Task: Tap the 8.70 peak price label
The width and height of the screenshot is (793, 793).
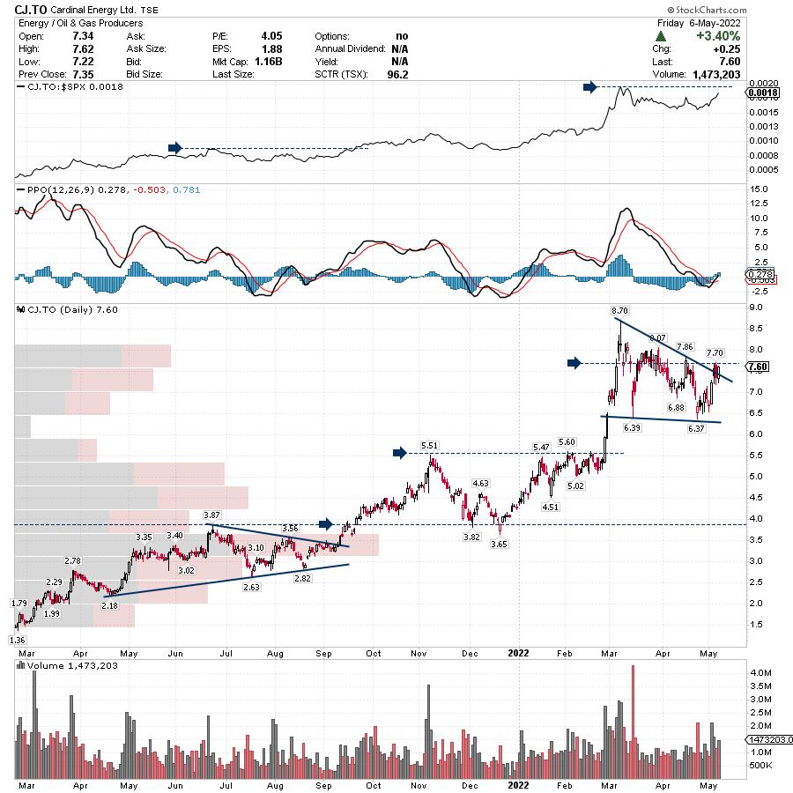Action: [619, 311]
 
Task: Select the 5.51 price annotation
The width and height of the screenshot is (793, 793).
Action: [429, 446]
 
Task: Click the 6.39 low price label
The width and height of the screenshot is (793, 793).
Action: [631, 427]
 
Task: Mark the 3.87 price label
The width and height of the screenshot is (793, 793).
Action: [211, 514]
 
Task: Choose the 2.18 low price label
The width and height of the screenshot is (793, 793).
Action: [109, 606]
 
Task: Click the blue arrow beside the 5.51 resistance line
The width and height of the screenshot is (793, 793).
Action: [399, 453]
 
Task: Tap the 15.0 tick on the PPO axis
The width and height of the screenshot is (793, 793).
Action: [756, 189]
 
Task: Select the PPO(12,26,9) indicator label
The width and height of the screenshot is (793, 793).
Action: [49, 189]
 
